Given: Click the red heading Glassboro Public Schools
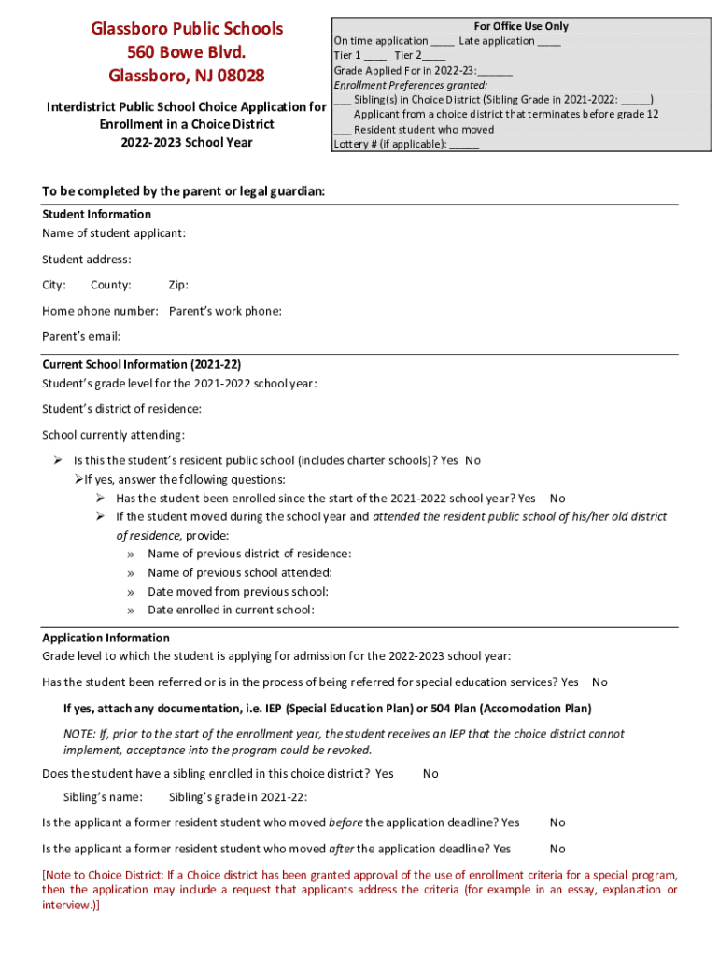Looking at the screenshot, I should coord(187,29).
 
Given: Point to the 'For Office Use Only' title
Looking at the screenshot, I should coord(521,26).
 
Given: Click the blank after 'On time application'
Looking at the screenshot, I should coord(443,42).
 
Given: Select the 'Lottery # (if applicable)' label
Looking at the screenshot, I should coord(390,145).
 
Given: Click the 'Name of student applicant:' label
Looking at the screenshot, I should coord(113,232).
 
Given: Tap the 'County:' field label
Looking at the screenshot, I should coord(110,285).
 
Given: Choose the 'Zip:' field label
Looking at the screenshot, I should coord(177,285).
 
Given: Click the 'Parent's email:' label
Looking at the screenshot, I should coord(81,336).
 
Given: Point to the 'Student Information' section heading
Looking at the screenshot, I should coord(96,214).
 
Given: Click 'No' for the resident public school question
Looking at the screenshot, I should coord(472,460).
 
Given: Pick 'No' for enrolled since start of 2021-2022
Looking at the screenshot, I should coord(557,499).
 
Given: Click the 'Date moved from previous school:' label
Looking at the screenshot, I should coord(237,591).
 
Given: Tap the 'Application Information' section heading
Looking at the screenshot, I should coord(106,638).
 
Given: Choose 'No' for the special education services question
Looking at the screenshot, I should coord(599,682).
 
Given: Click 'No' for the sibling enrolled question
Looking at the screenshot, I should coord(430,773).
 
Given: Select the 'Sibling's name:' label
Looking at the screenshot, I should coord(103,797).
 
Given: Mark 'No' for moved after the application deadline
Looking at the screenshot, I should coord(557,849).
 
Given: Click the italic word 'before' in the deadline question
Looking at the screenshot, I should coord(345,822).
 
